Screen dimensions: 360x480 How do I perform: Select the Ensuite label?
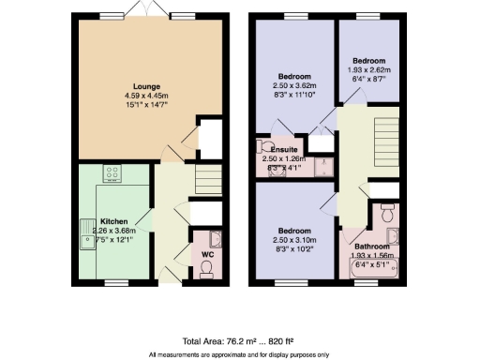(284, 150)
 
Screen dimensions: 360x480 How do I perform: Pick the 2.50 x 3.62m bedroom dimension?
(296, 84)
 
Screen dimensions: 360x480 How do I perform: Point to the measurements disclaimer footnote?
(240, 355)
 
